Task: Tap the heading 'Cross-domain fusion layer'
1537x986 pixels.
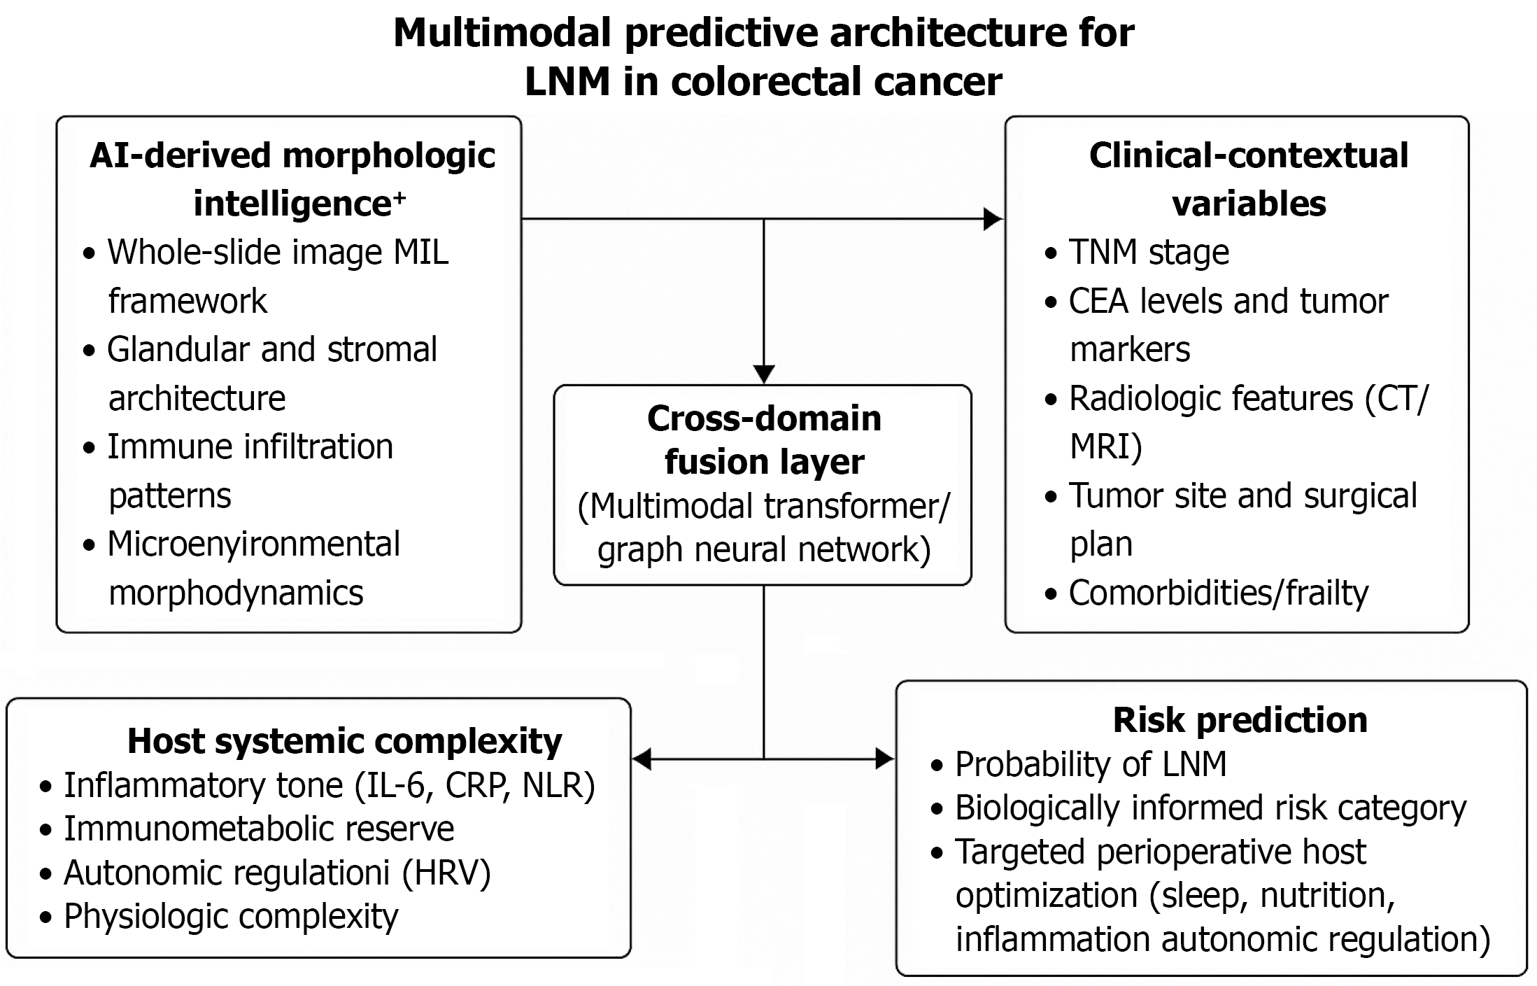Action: click(764, 440)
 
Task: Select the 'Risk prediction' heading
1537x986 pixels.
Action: click(1240, 720)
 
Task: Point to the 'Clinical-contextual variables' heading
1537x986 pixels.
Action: click(1249, 179)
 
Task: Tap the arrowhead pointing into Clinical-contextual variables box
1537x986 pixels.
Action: click(993, 219)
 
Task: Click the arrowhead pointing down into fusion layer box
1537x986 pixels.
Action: click(764, 374)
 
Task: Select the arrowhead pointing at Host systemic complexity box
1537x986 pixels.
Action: click(642, 759)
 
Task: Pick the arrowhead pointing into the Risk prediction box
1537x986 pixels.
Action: click(885, 759)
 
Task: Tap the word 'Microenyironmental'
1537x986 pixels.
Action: click(253, 544)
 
